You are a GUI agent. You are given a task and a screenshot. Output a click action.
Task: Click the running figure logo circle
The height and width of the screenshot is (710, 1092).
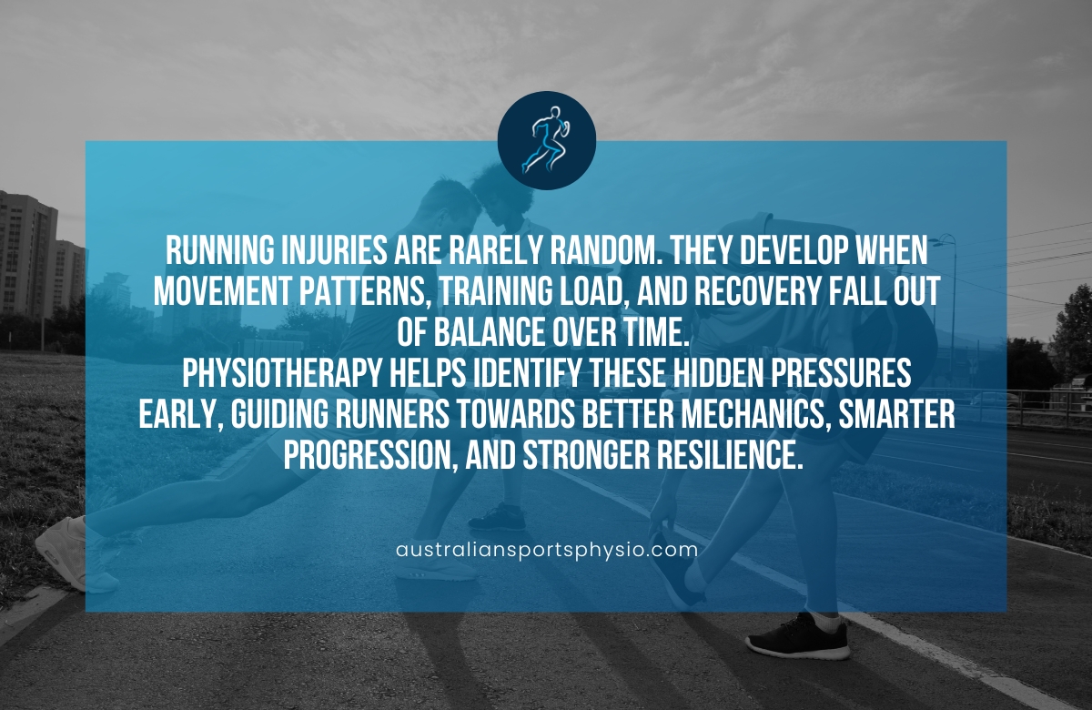point(546,140)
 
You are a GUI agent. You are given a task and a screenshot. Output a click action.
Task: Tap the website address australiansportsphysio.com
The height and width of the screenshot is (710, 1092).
point(547,550)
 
